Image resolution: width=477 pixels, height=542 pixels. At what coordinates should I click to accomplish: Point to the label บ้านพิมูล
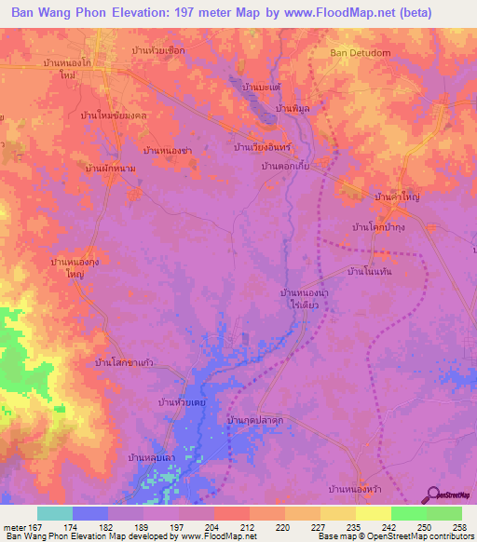(293, 109)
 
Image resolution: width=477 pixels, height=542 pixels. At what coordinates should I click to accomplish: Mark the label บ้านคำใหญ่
(398, 198)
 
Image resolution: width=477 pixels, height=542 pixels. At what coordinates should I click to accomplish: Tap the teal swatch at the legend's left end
(55, 513)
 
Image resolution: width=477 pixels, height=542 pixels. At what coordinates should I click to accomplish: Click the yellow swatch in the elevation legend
(373, 513)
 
